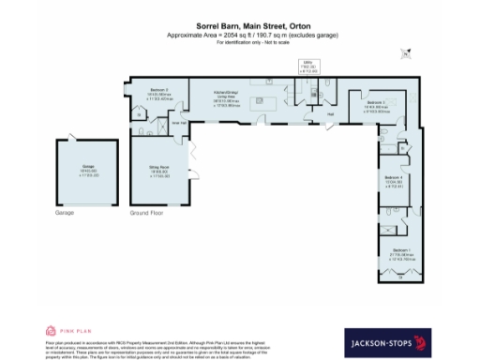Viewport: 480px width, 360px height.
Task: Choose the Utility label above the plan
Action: [308, 67]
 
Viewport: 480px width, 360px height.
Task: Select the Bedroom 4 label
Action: [394, 181]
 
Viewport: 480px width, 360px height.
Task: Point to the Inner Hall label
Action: [174, 122]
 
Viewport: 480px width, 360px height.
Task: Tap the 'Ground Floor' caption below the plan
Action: [146, 214]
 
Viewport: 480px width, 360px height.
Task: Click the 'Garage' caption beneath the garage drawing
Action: [65, 214]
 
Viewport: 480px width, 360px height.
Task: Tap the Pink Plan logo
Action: [65, 331]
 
